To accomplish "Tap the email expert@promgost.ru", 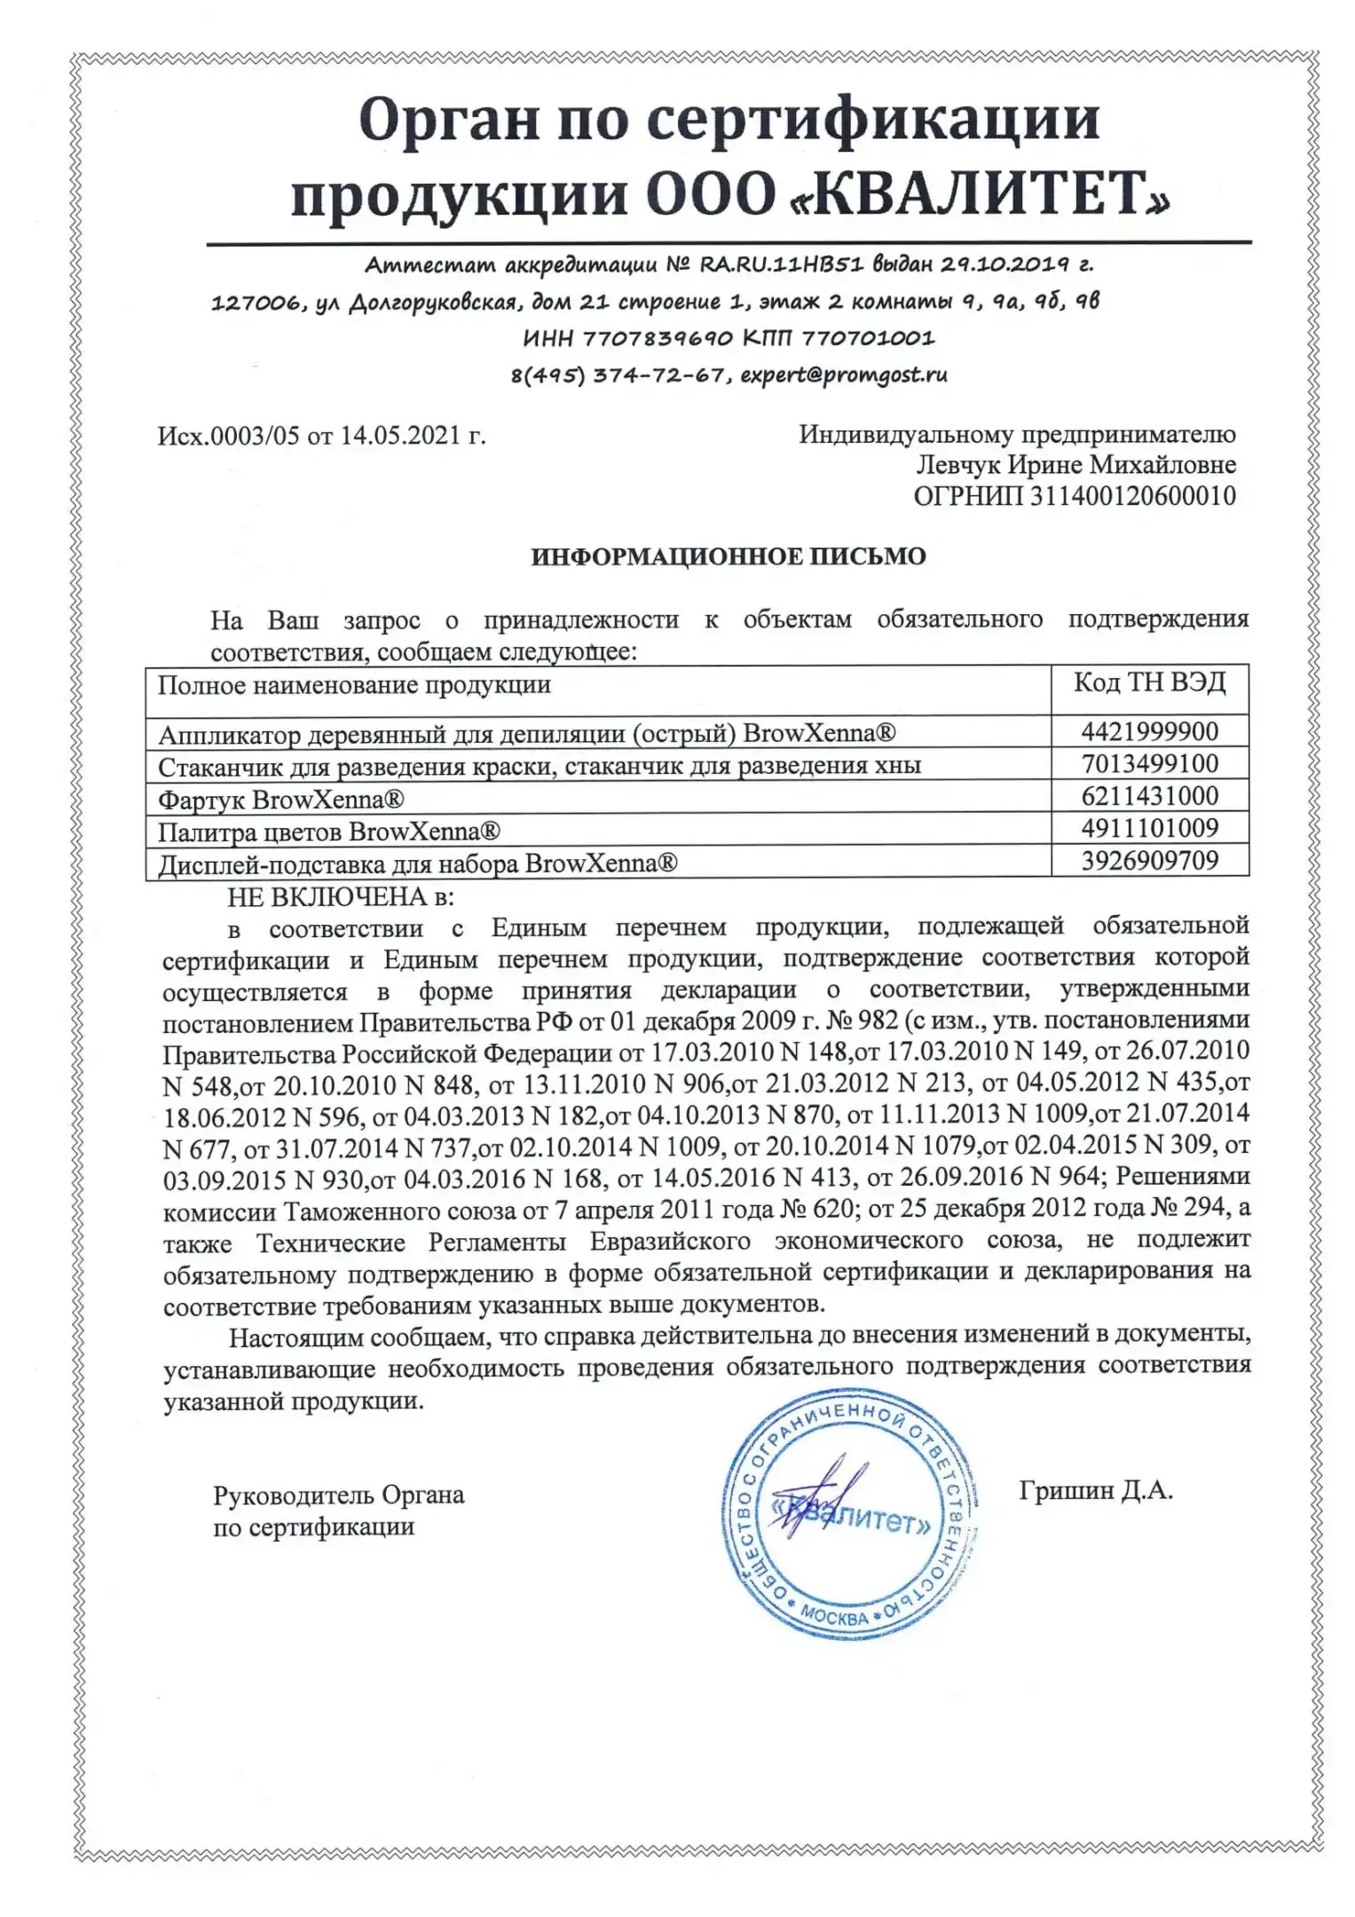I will tap(843, 375).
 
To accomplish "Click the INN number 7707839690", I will tap(658, 338).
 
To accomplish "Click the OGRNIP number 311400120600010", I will tap(1132, 495).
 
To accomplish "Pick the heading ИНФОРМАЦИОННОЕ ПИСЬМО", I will tap(728, 556).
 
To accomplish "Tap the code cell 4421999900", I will tap(1149, 731).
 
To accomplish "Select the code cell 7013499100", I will tap(1149, 763).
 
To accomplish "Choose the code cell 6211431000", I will tap(1149, 795).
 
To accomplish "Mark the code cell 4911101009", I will tap(1149, 827).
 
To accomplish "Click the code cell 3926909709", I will tap(1149, 860).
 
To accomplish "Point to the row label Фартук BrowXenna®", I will tap(280, 800).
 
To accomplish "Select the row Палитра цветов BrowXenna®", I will tap(328, 832).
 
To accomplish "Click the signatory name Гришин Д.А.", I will tap(1096, 1490).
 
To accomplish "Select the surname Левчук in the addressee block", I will tap(957, 465).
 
